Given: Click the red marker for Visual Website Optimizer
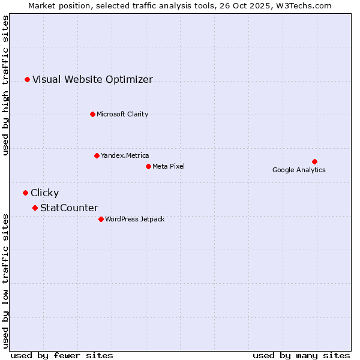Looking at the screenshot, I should (27, 79).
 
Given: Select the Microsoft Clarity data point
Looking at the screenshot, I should (92, 114).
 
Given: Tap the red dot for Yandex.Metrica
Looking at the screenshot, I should (97, 155).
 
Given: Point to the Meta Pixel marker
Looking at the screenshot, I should (148, 166).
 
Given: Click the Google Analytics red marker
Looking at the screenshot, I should (314, 161).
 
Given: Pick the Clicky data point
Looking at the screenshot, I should (25, 193).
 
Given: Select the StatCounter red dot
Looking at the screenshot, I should (35, 208).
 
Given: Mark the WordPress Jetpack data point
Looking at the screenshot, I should (101, 219).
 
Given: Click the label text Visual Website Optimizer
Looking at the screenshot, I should (92, 79).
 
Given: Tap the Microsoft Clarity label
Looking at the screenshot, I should (122, 114).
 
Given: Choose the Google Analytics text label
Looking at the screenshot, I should (299, 170).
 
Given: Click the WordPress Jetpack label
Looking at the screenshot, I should (134, 219).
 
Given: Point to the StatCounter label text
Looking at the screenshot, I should (69, 208).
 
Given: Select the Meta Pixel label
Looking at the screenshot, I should (169, 166).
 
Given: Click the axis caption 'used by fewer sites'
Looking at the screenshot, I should (62, 355).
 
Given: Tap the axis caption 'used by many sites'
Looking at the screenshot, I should (301, 355).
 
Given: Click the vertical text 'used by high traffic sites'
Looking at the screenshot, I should (6, 86).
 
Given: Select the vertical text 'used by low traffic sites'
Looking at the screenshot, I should (6, 280).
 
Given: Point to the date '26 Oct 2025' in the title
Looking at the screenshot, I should (244, 5).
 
